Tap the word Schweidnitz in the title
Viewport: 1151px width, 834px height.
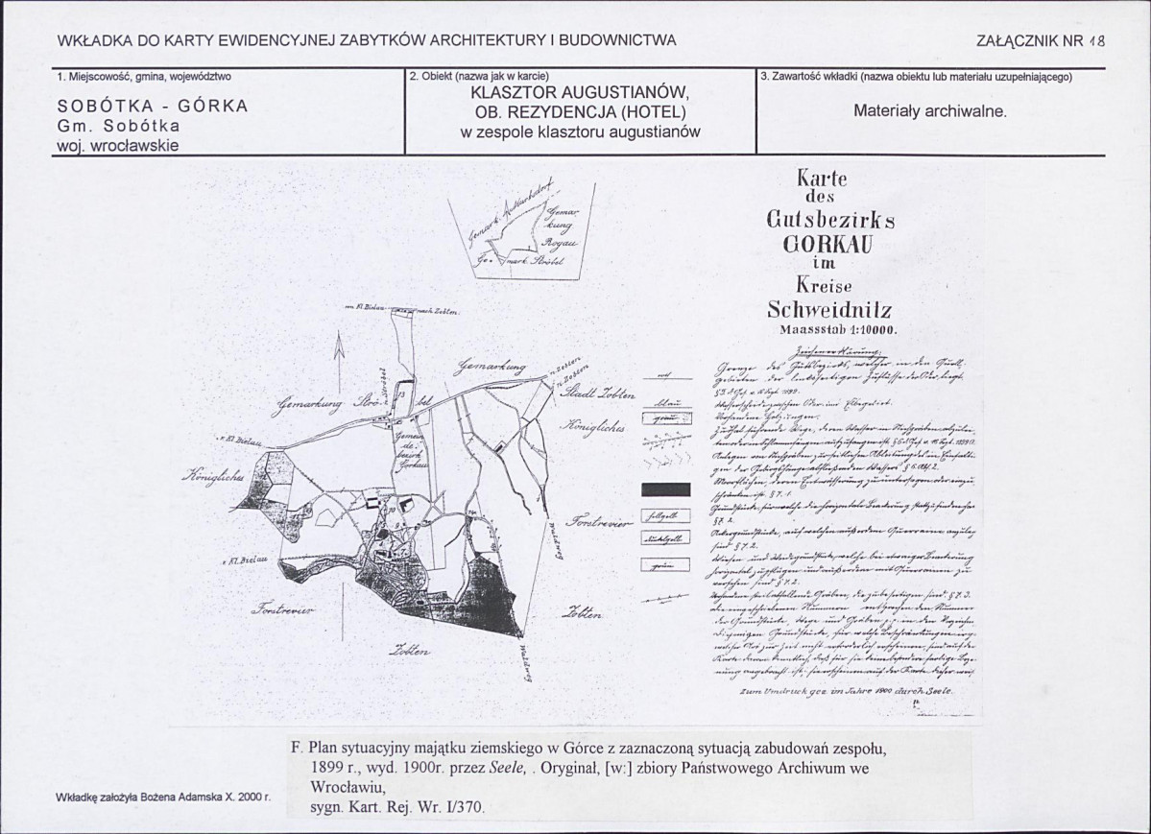point(831,309)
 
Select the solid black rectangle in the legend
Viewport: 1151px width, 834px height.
point(665,490)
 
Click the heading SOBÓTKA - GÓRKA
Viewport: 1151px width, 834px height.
point(153,107)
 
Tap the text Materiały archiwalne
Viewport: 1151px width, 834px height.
point(929,110)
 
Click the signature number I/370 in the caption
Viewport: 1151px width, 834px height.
point(465,807)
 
